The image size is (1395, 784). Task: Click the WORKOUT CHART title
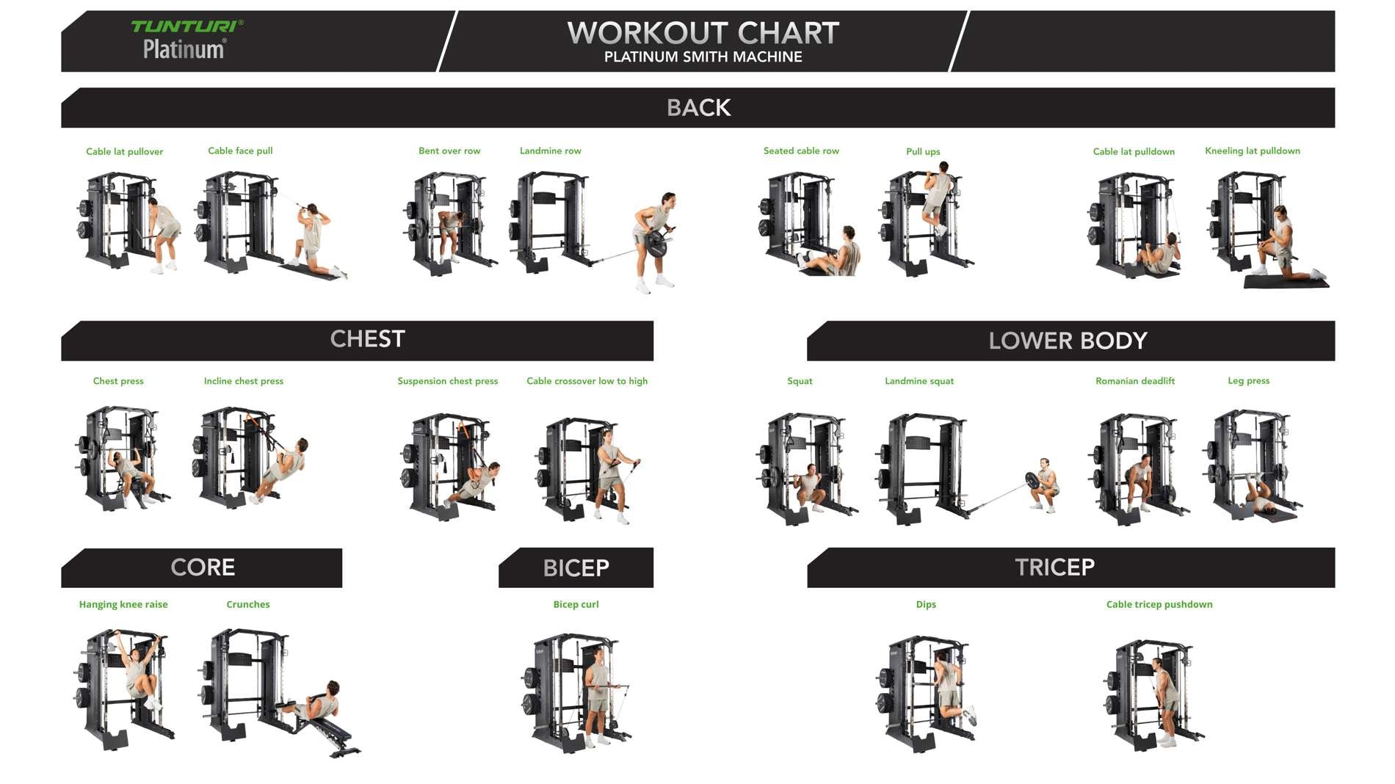click(x=703, y=33)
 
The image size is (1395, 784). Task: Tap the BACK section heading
click(x=699, y=108)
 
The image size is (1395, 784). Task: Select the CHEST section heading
click(x=367, y=339)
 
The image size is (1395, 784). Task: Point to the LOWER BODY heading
click(x=1068, y=341)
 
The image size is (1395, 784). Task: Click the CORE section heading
click(x=203, y=567)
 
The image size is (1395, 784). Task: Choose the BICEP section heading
click(x=576, y=568)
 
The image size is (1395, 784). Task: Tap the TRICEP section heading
click(x=1054, y=567)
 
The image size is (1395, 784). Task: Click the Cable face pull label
click(x=240, y=150)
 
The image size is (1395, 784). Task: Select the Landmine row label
click(x=551, y=150)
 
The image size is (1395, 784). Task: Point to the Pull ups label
click(x=923, y=152)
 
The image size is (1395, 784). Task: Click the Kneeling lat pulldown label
click(x=1253, y=150)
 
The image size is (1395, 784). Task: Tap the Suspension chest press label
click(x=448, y=381)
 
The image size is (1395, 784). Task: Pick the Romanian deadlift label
click(x=1135, y=381)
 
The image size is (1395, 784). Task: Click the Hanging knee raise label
click(x=123, y=604)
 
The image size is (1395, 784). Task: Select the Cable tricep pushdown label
click(x=1159, y=604)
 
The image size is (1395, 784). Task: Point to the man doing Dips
click(x=953, y=688)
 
